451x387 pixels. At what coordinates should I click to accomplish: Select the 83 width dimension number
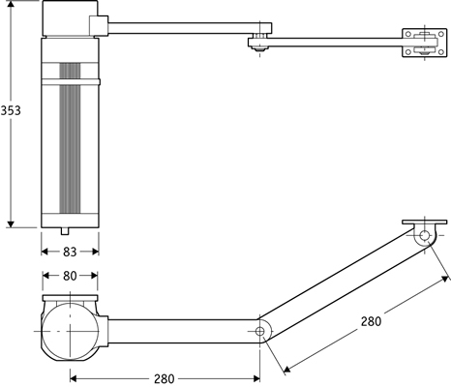click(x=69, y=251)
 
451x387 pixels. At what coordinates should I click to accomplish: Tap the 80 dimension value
click(x=69, y=275)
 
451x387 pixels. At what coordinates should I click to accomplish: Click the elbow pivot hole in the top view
click(x=260, y=332)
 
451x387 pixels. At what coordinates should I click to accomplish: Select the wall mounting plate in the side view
click(x=417, y=42)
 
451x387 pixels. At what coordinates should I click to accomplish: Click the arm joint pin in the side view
click(x=259, y=41)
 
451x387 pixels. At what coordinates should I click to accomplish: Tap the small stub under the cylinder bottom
click(x=66, y=231)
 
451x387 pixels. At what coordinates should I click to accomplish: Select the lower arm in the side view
click(x=329, y=42)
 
